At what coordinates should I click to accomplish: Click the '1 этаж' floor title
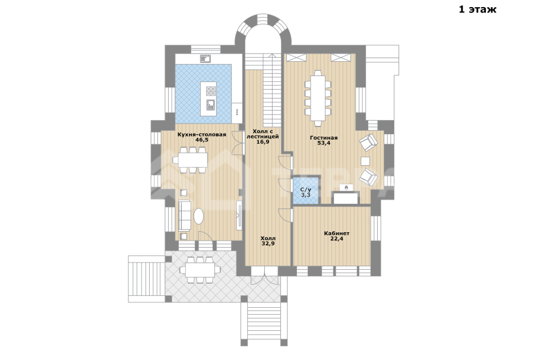(x=478, y=9)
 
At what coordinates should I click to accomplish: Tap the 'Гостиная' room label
(x=324, y=138)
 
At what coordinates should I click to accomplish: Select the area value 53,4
(x=324, y=143)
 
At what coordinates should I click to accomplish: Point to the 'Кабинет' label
(x=337, y=233)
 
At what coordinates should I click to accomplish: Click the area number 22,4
(x=337, y=239)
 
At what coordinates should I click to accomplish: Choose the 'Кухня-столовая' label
(x=202, y=134)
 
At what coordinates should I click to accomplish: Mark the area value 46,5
(x=202, y=140)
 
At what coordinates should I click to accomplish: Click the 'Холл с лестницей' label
(x=263, y=134)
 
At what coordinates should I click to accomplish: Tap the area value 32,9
(x=268, y=243)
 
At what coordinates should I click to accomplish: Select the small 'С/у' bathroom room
(x=306, y=190)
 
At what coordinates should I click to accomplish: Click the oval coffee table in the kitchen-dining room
(x=198, y=216)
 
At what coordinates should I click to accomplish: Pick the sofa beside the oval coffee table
(x=185, y=216)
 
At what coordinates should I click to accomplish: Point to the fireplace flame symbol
(x=346, y=188)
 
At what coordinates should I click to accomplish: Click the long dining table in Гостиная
(x=318, y=98)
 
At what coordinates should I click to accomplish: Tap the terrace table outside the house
(x=200, y=270)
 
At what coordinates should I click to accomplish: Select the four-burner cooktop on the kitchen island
(x=211, y=91)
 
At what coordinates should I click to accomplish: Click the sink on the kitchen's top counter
(x=205, y=59)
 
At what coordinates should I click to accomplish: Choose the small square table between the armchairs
(x=365, y=161)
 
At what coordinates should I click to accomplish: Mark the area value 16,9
(x=263, y=142)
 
